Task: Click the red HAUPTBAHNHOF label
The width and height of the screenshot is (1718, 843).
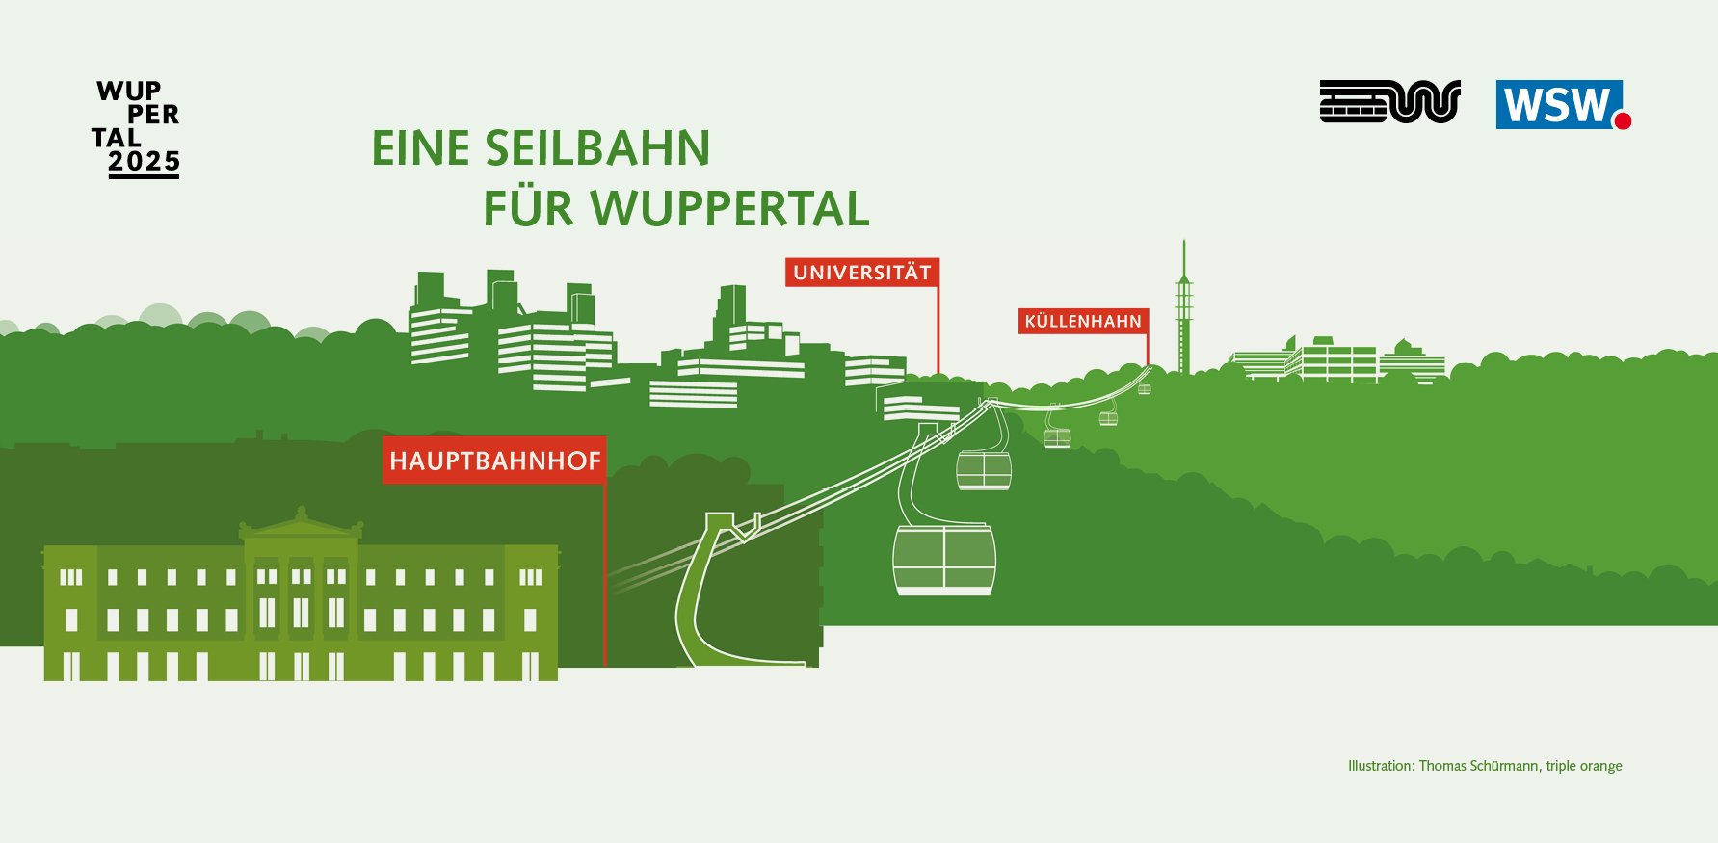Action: click(494, 460)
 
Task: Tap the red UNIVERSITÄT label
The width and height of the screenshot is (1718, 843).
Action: click(862, 273)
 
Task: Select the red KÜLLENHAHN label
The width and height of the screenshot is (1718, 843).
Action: click(1083, 321)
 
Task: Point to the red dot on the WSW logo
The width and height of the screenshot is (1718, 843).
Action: click(1623, 120)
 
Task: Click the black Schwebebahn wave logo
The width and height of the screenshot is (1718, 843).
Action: click(1389, 101)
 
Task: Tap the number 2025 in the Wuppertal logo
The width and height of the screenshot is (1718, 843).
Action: click(144, 161)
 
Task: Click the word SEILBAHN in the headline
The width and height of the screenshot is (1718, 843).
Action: click(597, 148)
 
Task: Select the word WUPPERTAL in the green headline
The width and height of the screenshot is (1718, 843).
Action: click(729, 208)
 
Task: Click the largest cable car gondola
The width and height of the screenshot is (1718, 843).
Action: click(944, 560)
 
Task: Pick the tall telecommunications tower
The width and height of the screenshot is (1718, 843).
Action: click(1184, 306)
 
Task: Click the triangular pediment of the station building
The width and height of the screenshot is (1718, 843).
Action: click(302, 522)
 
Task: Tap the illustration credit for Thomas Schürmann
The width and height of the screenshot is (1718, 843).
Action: click(1485, 766)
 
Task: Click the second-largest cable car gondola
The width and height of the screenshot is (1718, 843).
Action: click(984, 470)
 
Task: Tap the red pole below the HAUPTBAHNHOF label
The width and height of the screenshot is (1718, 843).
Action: click(604, 574)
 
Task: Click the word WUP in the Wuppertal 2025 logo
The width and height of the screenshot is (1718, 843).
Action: click(129, 91)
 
